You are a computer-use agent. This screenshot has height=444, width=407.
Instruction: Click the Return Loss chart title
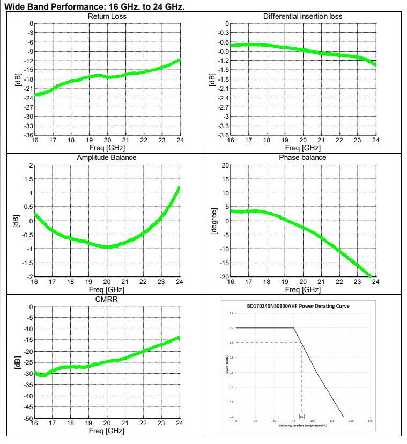pos(107,16)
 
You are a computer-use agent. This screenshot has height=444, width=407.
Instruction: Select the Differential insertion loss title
pos(302,16)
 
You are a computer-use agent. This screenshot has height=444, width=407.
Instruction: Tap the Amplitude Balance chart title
pos(107,157)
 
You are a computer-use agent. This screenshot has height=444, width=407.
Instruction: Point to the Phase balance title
pos(302,157)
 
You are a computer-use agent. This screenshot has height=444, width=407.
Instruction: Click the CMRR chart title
pos(107,299)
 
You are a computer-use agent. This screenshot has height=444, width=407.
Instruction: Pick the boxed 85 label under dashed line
pos(302,416)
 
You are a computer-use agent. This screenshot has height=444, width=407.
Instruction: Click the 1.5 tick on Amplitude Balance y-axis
pos(29,179)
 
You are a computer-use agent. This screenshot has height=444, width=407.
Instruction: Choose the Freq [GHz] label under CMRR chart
pos(107,431)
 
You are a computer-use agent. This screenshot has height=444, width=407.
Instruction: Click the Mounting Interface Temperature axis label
pos(303,425)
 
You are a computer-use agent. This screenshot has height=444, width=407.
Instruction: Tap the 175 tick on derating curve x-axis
pos(370,421)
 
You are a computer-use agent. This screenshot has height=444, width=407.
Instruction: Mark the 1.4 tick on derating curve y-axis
pos(232,313)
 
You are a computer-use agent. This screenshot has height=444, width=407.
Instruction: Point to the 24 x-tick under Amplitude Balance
pos(179,282)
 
